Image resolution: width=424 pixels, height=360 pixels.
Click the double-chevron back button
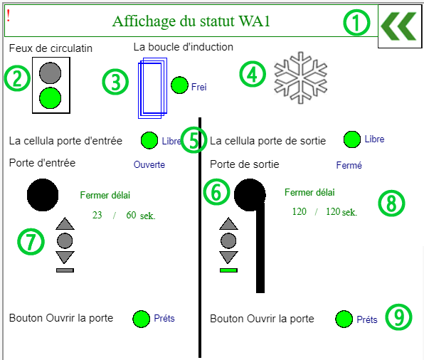[x=398, y=26]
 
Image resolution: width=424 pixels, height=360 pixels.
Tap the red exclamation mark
[x=9, y=16]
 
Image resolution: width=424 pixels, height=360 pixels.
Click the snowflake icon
[x=300, y=78]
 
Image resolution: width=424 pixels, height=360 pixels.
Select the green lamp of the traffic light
[x=51, y=98]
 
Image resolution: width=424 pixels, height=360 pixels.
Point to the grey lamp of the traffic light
[x=51, y=73]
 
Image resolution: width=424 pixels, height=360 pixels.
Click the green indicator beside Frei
[x=179, y=85]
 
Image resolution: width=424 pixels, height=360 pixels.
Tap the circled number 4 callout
[x=253, y=74]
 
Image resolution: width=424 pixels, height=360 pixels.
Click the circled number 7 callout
[x=31, y=241]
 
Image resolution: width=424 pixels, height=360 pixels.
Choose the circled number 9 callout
[x=398, y=317]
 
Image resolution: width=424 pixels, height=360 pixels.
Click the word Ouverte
[x=149, y=164]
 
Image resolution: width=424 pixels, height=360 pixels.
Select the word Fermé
[x=349, y=165]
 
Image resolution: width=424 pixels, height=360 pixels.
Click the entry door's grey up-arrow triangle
[x=65, y=223]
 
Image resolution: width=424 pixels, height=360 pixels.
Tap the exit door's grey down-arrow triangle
[x=228, y=257]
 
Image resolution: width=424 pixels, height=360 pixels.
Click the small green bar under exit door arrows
[x=228, y=270]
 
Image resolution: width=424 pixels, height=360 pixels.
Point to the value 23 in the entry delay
[x=97, y=215]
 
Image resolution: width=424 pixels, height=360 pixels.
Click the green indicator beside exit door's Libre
[x=352, y=139]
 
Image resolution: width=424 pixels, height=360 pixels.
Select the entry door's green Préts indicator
[x=141, y=319]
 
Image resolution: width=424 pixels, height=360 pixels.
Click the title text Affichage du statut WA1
[x=191, y=21]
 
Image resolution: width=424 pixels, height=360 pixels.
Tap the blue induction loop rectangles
[x=152, y=88]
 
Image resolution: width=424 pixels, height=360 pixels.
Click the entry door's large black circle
[x=43, y=195]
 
